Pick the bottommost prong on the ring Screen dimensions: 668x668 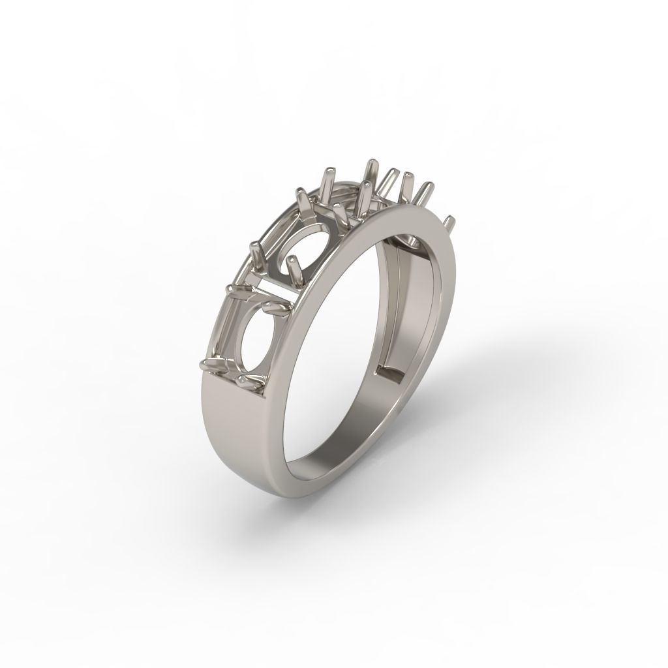(x=247, y=380)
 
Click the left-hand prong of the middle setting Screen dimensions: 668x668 (x=256, y=251)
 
